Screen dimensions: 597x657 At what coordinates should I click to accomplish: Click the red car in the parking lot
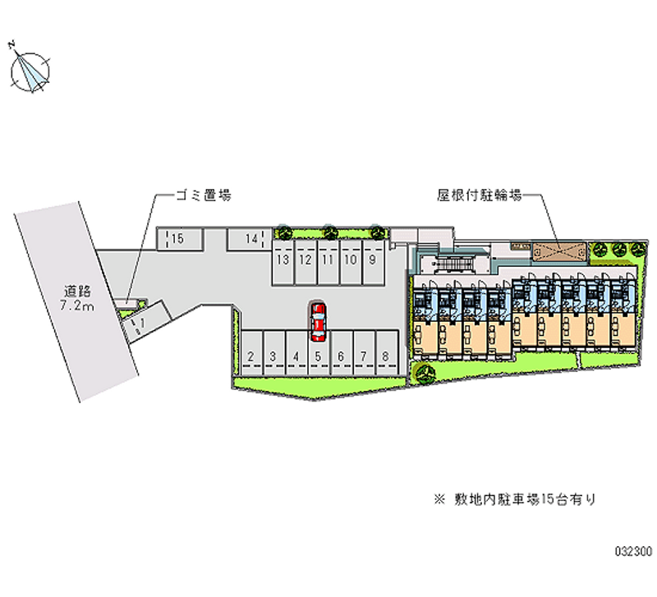[318, 321]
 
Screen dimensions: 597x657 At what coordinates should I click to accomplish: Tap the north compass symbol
[32, 71]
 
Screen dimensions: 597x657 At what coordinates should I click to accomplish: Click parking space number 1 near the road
[142, 323]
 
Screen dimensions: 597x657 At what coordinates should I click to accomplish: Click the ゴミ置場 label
[202, 195]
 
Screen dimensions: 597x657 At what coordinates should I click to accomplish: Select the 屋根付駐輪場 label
[480, 195]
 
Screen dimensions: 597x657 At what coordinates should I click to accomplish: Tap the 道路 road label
[79, 291]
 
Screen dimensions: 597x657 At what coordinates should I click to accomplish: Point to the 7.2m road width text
[79, 306]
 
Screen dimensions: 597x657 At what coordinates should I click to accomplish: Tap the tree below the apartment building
[425, 375]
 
